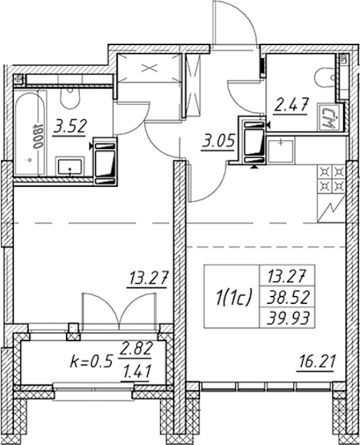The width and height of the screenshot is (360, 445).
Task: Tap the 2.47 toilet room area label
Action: tap(290, 106)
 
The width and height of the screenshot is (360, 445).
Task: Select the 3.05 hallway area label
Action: tap(218, 140)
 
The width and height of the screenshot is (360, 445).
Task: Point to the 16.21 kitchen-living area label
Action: tap(316, 362)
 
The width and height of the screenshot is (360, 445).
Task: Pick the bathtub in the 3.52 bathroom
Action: tap(30, 133)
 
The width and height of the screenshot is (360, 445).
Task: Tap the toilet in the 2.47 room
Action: tap(325, 78)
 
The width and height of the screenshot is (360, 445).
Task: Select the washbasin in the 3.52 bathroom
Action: tap(70, 167)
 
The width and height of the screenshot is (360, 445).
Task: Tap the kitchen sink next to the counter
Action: tap(281, 150)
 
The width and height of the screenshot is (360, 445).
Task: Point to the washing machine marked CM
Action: tap(328, 117)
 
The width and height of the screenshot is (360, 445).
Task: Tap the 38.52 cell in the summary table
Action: tap(287, 298)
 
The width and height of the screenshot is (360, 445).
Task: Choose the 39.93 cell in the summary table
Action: tap(287, 318)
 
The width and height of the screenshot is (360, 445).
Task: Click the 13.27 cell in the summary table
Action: tap(287, 276)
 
